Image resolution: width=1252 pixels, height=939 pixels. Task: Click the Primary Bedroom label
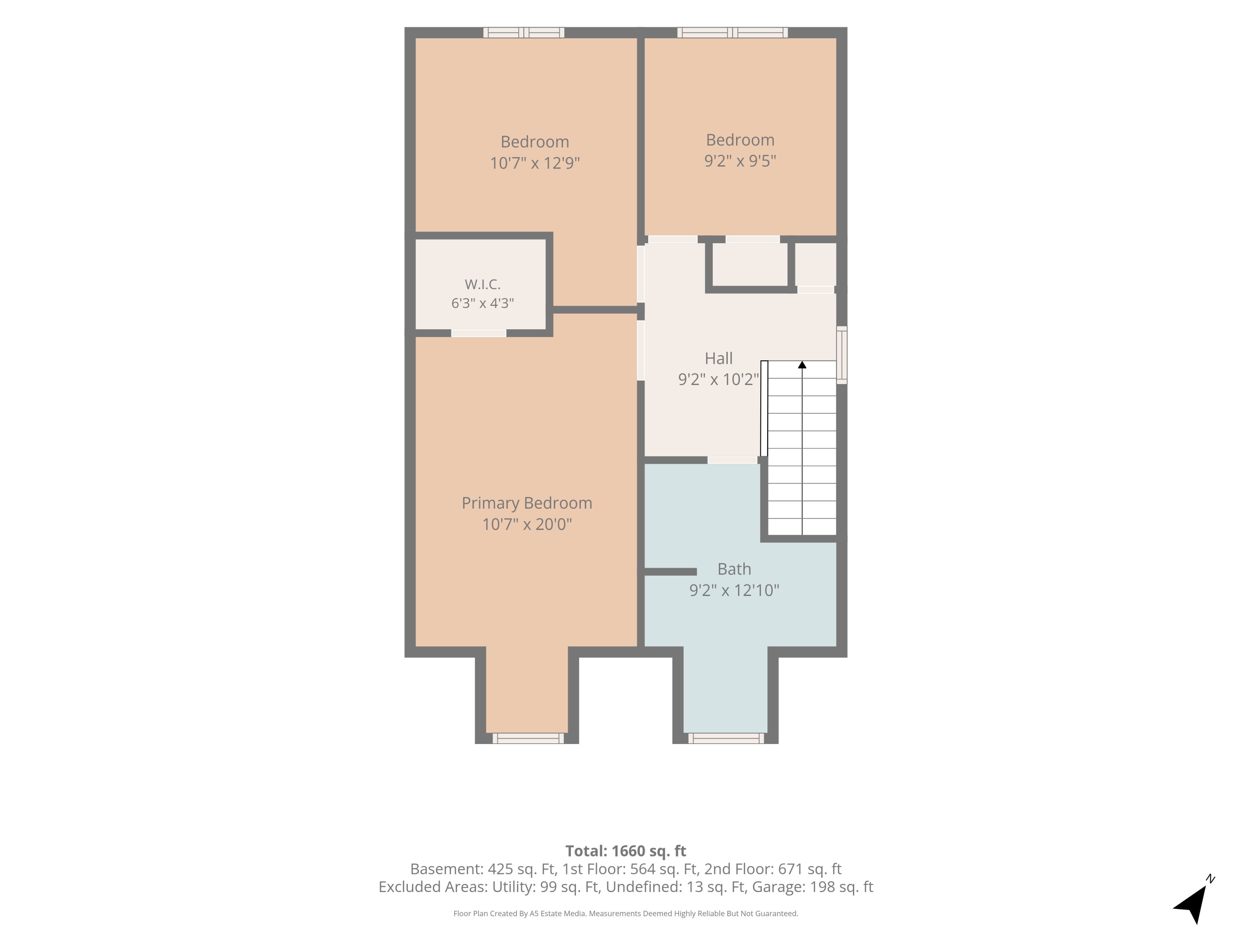pos(527,503)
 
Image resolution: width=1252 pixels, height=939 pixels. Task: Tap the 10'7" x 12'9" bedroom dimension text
pos(535,163)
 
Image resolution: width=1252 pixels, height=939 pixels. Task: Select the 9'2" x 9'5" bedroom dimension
pos(740,161)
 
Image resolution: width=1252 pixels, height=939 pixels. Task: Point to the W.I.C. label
pos(482,284)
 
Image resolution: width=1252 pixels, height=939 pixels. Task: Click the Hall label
pos(719,358)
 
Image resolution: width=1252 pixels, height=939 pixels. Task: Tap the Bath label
pos(734,569)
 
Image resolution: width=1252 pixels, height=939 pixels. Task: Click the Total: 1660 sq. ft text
pos(625,851)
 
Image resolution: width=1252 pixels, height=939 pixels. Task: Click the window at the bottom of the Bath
pos(726,738)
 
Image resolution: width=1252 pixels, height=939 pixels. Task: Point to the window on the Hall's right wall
pos(842,355)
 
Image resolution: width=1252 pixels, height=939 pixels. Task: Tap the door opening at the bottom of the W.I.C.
pos(478,333)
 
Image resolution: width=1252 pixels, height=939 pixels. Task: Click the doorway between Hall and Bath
pos(732,460)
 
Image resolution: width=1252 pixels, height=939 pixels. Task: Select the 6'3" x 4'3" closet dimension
pos(482,303)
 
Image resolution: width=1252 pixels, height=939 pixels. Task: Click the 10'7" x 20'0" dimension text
pos(527,524)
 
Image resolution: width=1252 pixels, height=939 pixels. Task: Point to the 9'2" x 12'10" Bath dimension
pos(734,590)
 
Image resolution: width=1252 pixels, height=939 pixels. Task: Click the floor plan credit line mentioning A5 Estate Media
pos(625,914)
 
